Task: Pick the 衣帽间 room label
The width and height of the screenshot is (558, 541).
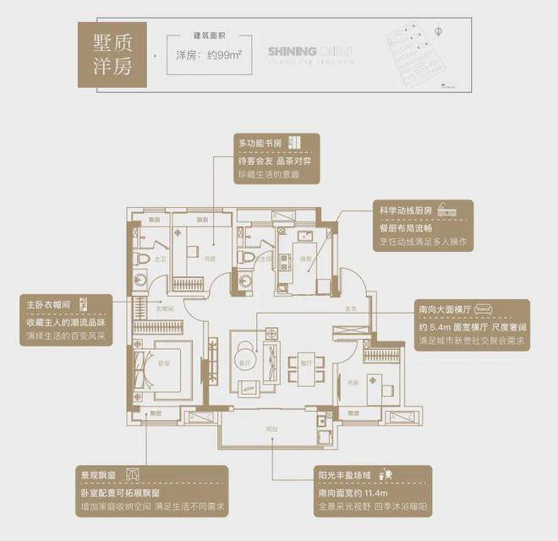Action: pyautogui.click(x=165, y=308)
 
